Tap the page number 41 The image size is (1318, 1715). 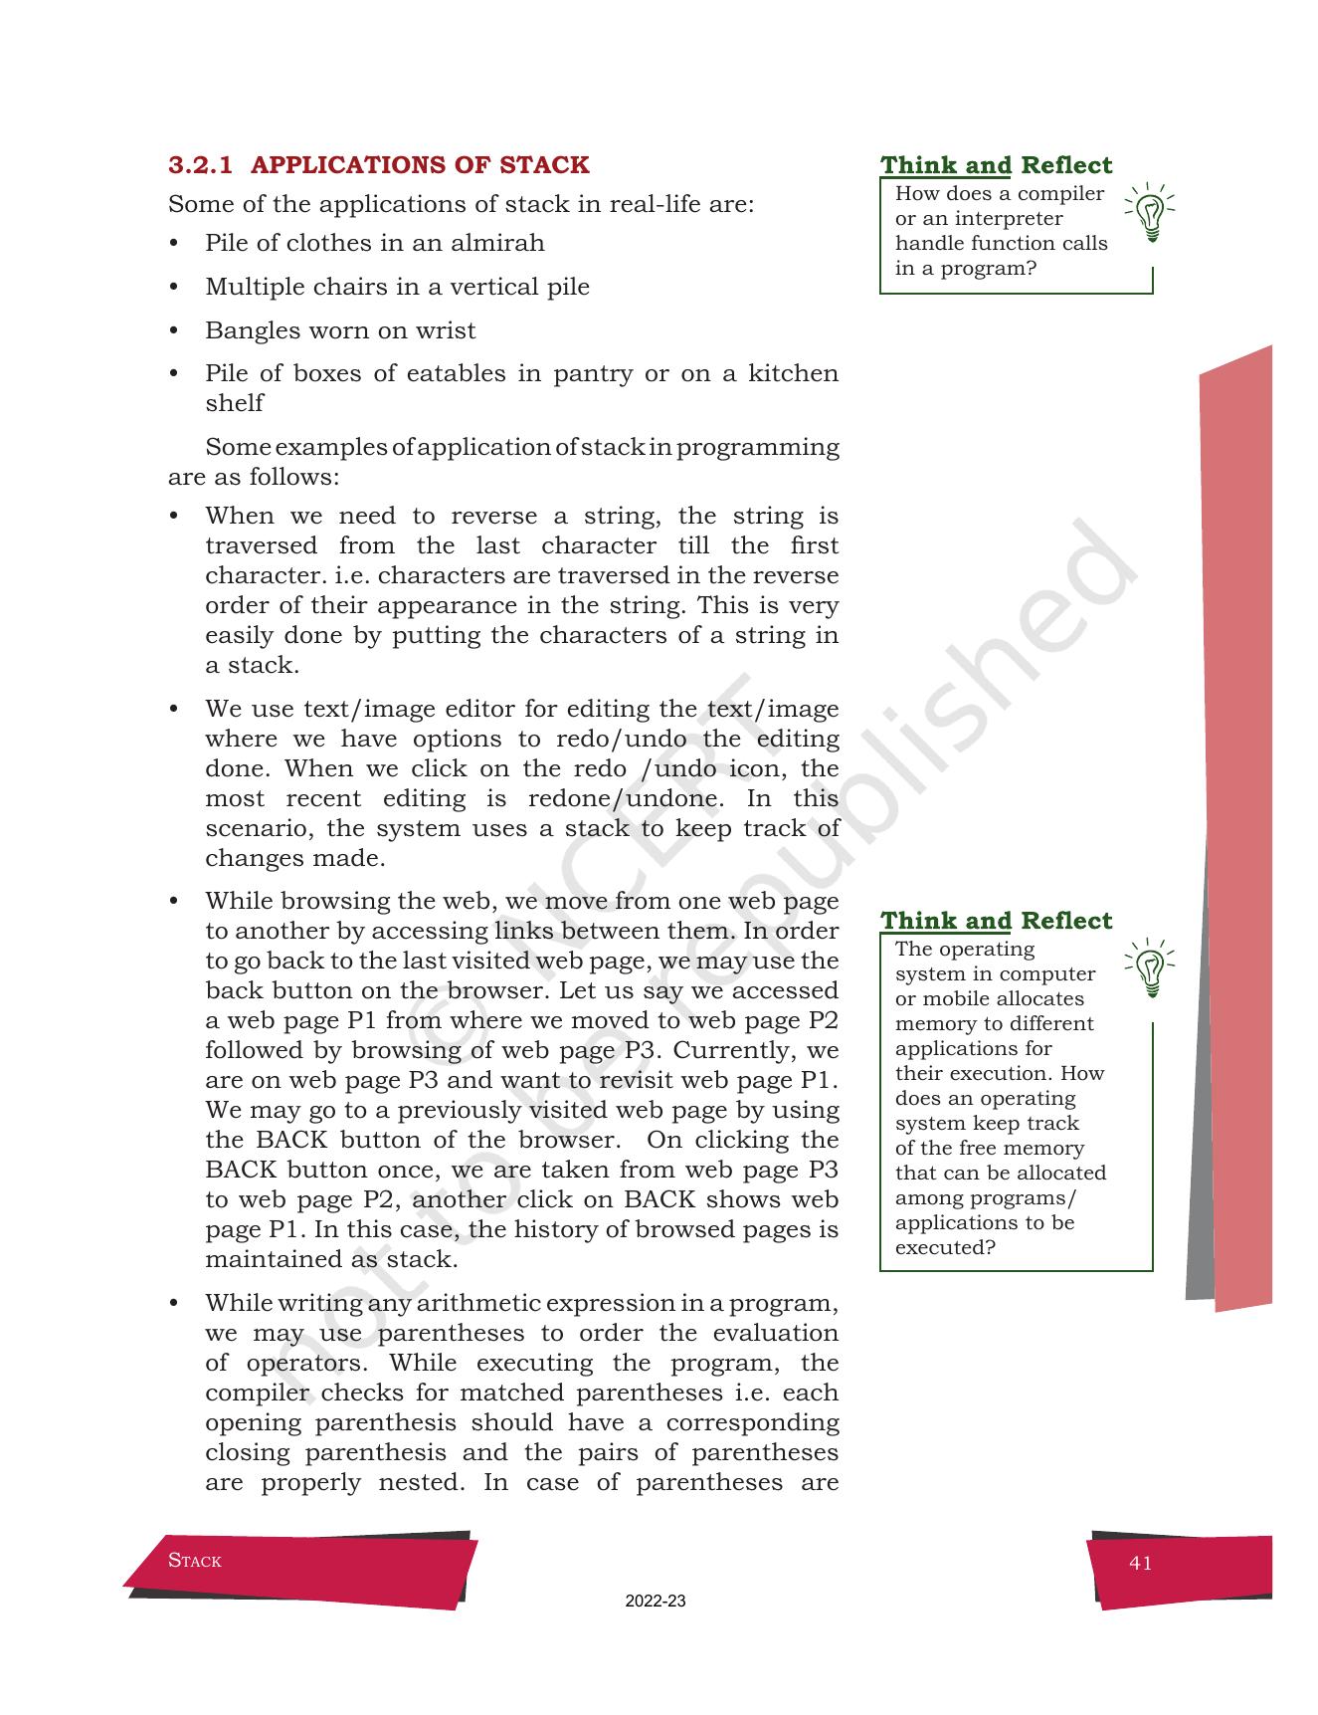pyautogui.click(x=1141, y=1563)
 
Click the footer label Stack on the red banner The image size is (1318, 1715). pyautogui.click(x=195, y=1561)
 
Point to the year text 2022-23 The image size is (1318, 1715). pyautogui.click(x=656, y=1602)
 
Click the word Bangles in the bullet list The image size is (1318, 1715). pyautogui.click(x=244, y=330)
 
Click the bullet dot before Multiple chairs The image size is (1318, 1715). pyautogui.click(x=174, y=288)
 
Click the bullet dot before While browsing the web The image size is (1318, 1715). pyautogui.click(x=174, y=902)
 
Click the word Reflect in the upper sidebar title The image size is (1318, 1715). pyautogui.click(x=1066, y=165)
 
